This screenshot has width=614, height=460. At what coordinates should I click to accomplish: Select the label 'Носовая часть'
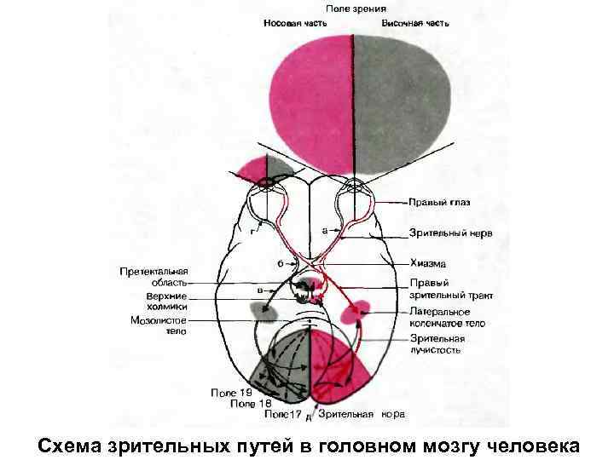click(x=293, y=23)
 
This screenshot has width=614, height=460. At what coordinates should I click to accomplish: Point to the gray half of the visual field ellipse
click(x=401, y=94)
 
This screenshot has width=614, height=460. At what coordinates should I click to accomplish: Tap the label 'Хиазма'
click(x=427, y=264)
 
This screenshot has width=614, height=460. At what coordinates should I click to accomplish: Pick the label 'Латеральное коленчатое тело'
click(x=446, y=317)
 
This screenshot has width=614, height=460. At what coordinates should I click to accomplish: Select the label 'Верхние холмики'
click(x=159, y=302)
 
